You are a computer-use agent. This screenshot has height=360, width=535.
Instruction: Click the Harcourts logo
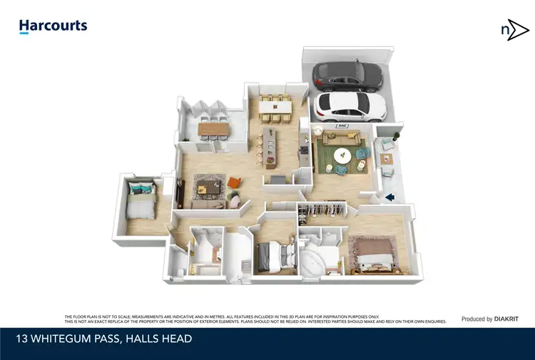(x=53, y=27)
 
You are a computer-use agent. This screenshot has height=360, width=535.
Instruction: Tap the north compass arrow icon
(x=514, y=31)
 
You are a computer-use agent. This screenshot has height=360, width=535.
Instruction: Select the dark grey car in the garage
(x=347, y=73)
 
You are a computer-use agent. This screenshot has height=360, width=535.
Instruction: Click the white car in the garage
(x=350, y=106)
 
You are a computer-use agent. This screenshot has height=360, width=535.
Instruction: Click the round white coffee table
(x=343, y=154)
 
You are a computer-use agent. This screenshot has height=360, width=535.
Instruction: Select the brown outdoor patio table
(x=211, y=128)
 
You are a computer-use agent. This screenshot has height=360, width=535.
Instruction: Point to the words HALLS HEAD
(x=156, y=339)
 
